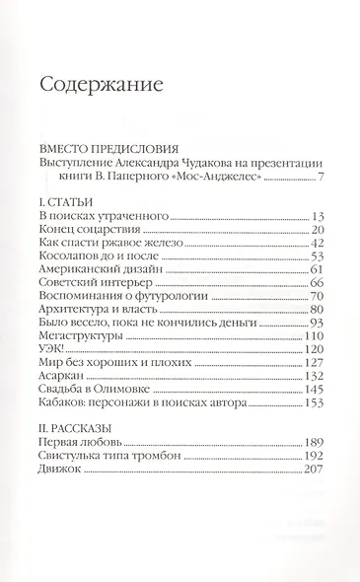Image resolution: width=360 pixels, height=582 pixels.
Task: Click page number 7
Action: tap(322, 179)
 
